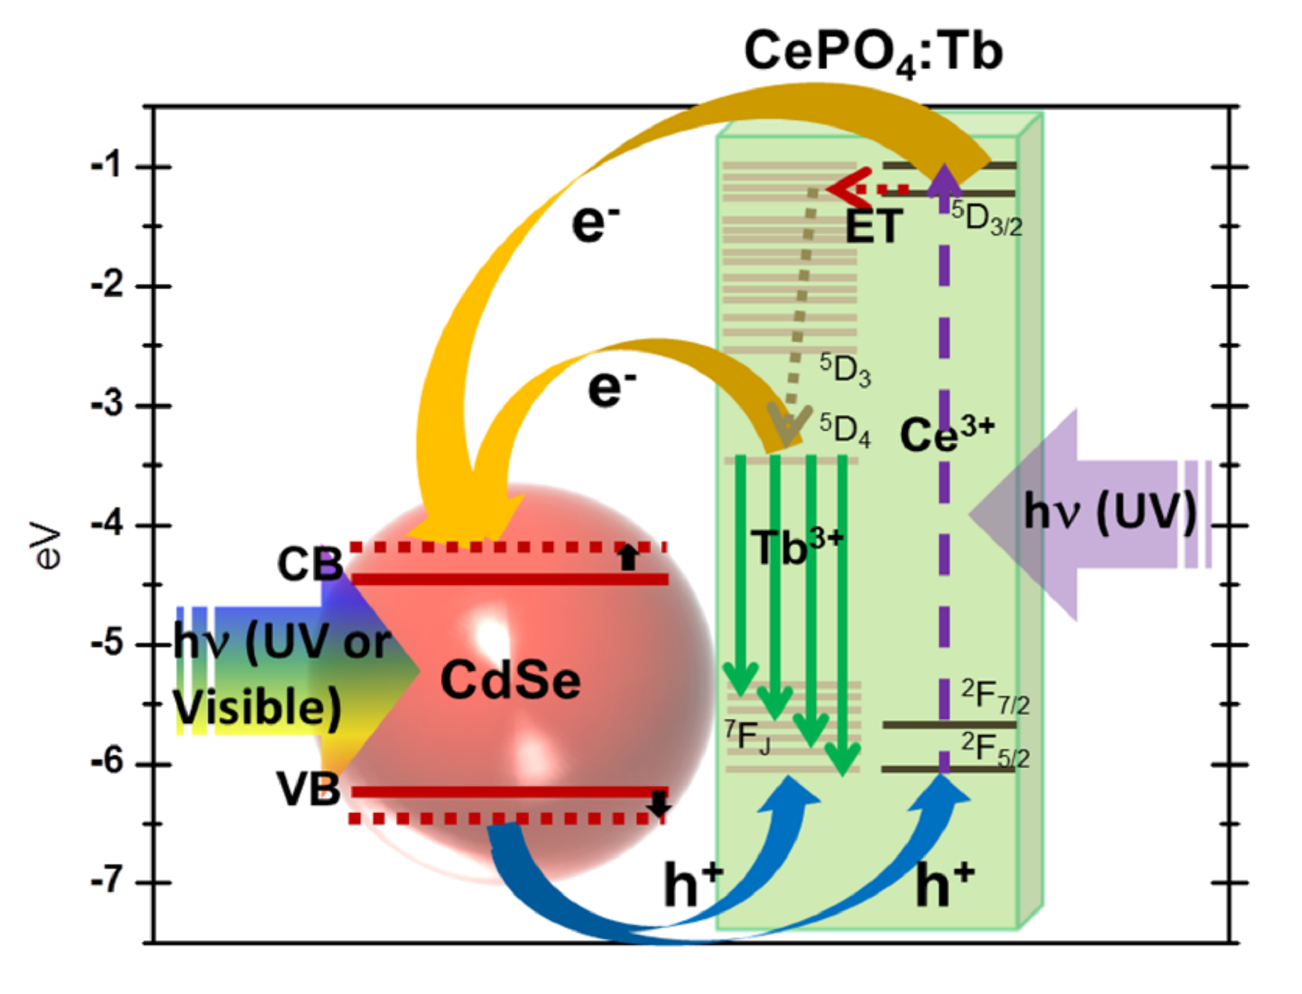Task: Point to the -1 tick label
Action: pyautogui.click(x=107, y=166)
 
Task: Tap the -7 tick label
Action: pyautogui.click(x=107, y=880)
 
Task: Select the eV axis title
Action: pyautogui.click(x=46, y=546)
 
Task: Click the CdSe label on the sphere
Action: pyautogui.click(x=510, y=680)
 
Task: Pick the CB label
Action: pyautogui.click(x=309, y=564)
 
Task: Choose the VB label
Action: pyautogui.click(x=308, y=789)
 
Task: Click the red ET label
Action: pyautogui.click(x=874, y=226)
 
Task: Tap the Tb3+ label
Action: pyautogui.click(x=797, y=546)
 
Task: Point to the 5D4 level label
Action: pyautogui.click(x=845, y=429)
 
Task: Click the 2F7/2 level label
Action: pyautogui.click(x=995, y=696)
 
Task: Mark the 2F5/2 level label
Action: pyautogui.click(x=995, y=750)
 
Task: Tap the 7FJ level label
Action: pyautogui.click(x=747, y=737)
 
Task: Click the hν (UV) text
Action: pyautogui.click(x=1110, y=512)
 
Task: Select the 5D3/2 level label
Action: pyautogui.click(x=987, y=218)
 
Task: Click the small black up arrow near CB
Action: pyautogui.click(x=628, y=557)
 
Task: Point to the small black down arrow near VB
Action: pyautogui.click(x=659, y=803)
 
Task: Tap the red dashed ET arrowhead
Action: pyautogui.click(x=847, y=188)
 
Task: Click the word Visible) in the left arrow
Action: pyautogui.click(x=257, y=707)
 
